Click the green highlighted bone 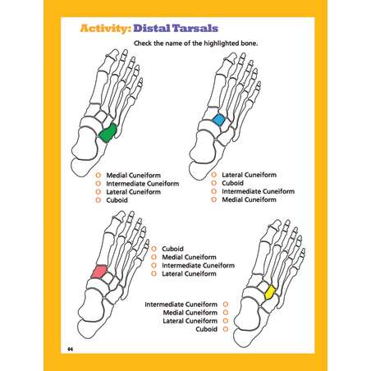[108, 133]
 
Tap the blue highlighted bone [218, 120]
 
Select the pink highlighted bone [98, 272]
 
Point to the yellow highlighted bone [270, 292]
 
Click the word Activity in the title [103, 28]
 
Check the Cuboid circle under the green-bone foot [98, 200]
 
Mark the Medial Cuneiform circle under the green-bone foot [98, 175]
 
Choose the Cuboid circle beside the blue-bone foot [213, 183]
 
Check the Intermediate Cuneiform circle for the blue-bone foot [213, 191]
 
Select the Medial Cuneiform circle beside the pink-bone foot [153, 257]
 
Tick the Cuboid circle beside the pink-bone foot [153, 249]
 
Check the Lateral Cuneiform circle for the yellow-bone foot [226, 321]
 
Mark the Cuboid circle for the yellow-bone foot [226, 329]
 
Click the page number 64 [71, 349]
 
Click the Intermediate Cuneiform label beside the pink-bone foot [198, 265]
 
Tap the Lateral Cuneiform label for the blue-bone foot [249, 175]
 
